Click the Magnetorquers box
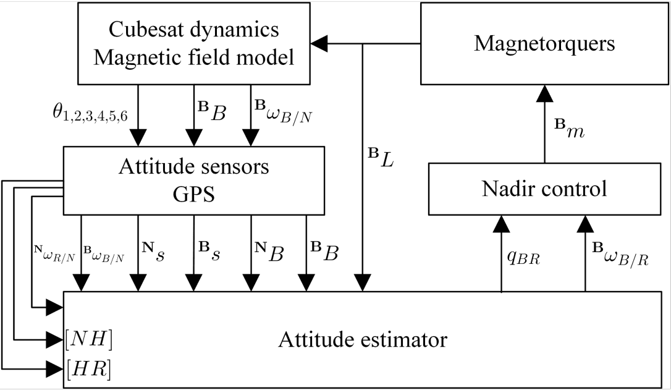click(544, 43)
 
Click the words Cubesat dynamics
click(193, 29)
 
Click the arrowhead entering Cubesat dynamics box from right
click(318, 43)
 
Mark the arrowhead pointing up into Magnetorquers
click(544, 93)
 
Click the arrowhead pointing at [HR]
click(56, 370)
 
